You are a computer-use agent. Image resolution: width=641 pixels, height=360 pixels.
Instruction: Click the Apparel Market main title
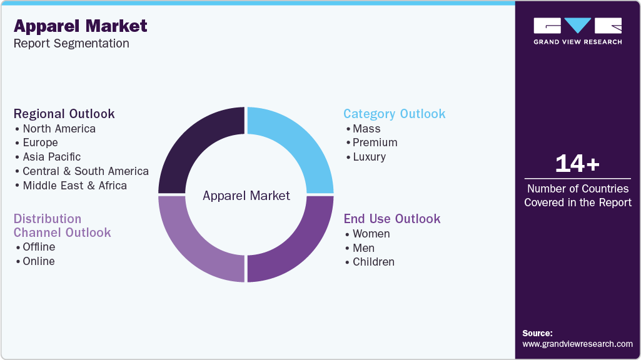80,26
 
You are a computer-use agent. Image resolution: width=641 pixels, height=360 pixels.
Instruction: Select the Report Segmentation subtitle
71,44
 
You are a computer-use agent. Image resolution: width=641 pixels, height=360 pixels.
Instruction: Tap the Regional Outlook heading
64,114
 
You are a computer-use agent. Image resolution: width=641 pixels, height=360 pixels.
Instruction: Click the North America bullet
59,129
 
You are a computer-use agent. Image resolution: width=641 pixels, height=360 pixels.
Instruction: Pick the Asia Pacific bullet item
51,157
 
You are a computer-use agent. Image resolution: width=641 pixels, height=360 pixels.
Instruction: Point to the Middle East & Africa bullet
74,186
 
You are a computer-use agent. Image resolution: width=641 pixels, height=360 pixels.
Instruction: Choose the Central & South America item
85,171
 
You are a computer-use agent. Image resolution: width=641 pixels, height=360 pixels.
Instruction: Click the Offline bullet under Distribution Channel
39,247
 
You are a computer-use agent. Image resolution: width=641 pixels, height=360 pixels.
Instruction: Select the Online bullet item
38,261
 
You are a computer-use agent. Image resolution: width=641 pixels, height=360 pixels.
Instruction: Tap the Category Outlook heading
394,114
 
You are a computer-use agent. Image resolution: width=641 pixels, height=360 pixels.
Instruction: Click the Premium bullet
375,142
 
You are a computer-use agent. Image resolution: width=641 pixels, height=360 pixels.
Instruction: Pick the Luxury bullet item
369,157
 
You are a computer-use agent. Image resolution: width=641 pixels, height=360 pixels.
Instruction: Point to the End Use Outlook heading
392,219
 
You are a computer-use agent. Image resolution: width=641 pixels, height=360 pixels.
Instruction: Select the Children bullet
373,262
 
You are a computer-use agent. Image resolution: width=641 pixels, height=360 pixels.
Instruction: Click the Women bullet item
371,234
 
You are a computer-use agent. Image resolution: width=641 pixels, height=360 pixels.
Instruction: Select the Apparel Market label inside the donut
246,196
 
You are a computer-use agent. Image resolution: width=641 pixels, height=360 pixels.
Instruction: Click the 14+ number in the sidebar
577,164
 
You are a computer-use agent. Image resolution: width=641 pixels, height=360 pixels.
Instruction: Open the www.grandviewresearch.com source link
577,344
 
